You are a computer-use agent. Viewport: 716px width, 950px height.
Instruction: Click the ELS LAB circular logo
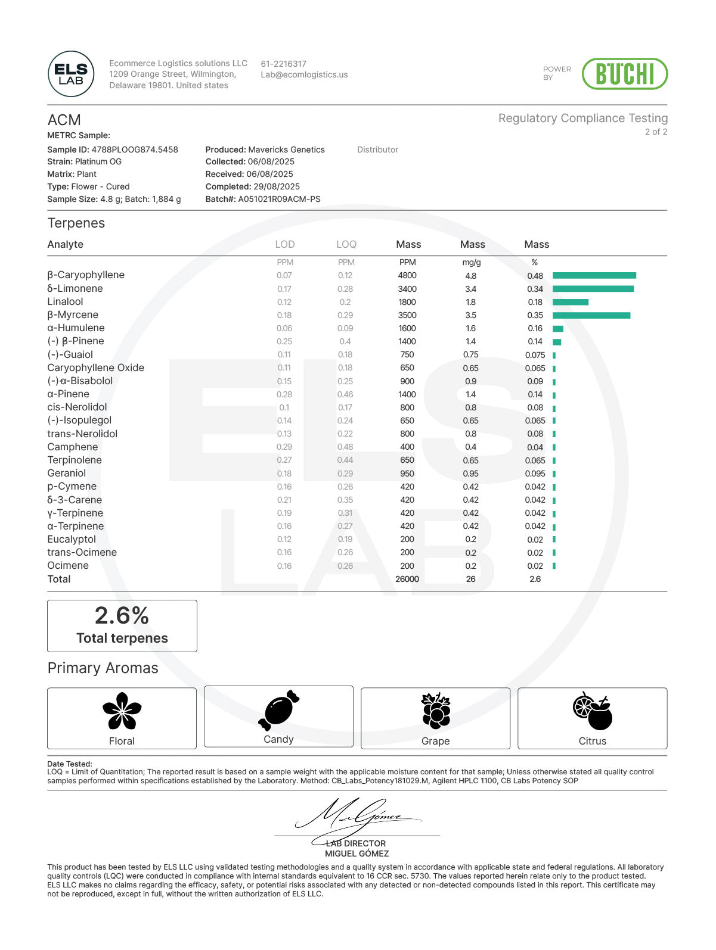(71, 74)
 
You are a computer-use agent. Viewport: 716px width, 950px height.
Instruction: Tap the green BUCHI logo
(624, 74)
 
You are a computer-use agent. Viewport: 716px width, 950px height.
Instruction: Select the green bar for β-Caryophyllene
(594, 275)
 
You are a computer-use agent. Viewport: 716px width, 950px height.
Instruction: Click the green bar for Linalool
(570, 302)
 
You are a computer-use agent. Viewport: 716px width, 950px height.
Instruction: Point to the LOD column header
(285, 244)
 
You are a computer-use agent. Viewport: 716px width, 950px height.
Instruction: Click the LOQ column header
(346, 244)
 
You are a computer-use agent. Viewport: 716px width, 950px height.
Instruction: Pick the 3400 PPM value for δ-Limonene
(407, 289)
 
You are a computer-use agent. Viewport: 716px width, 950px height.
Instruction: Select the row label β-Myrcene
(73, 314)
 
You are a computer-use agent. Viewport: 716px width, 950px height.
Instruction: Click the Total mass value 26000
(407, 579)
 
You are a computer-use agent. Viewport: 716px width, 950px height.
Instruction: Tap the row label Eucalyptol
(72, 539)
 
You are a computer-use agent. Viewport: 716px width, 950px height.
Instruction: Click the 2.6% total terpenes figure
(122, 615)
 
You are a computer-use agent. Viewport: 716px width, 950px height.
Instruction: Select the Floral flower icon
(122, 711)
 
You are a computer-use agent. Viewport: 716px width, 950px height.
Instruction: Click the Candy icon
(278, 709)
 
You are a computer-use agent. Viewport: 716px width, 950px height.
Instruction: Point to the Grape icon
(436, 711)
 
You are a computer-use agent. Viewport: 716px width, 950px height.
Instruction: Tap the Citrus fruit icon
(593, 711)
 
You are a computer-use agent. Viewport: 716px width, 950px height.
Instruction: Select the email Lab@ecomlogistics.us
(304, 75)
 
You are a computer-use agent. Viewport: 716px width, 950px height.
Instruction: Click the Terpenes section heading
(76, 223)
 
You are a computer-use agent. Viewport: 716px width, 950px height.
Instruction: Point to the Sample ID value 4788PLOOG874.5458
(135, 149)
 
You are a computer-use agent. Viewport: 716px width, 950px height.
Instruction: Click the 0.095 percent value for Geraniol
(535, 474)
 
